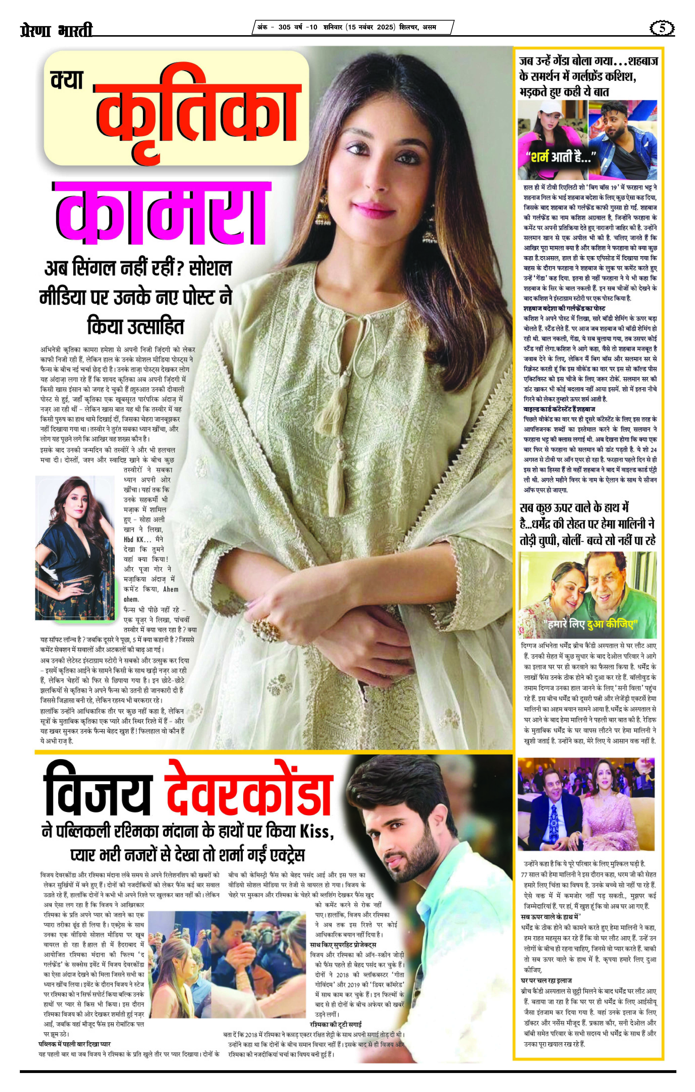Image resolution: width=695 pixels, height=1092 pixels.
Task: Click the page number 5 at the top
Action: [x=662, y=28]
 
